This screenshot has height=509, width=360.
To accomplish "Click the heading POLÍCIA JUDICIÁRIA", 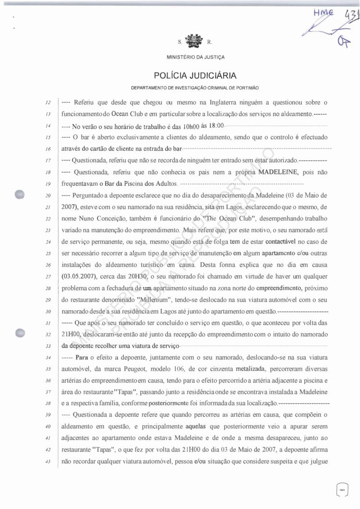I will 195,75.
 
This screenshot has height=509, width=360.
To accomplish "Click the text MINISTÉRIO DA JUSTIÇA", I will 195,57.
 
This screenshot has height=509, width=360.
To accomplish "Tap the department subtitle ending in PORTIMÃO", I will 195,88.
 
